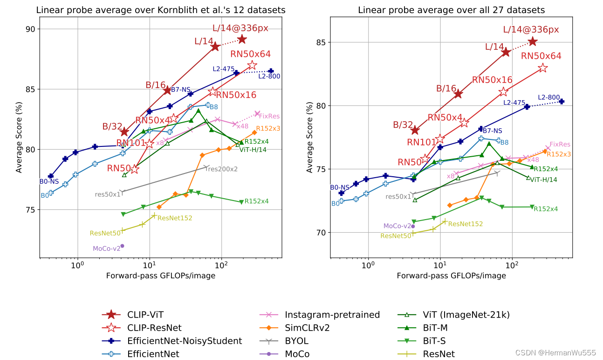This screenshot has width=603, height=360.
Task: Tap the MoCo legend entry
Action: click(x=297, y=354)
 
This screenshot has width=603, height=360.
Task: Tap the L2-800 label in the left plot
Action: click(x=269, y=76)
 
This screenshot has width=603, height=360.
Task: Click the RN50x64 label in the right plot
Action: click(x=541, y=56)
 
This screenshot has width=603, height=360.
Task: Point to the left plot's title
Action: click(x=161, y=10)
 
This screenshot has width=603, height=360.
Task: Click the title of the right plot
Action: click(x=451, y=10)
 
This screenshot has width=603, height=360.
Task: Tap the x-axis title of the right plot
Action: click(x=451, y=276)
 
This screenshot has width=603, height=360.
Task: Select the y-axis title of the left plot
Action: click(x=19, y=138)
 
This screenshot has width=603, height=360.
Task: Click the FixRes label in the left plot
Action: click(x=269, y=116)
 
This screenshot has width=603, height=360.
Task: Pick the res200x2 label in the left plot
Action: click(x=222, y=169)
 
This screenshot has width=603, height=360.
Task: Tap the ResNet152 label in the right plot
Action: click(x=465, y=224)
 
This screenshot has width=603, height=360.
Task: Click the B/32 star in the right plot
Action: click(x=415, y=130)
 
